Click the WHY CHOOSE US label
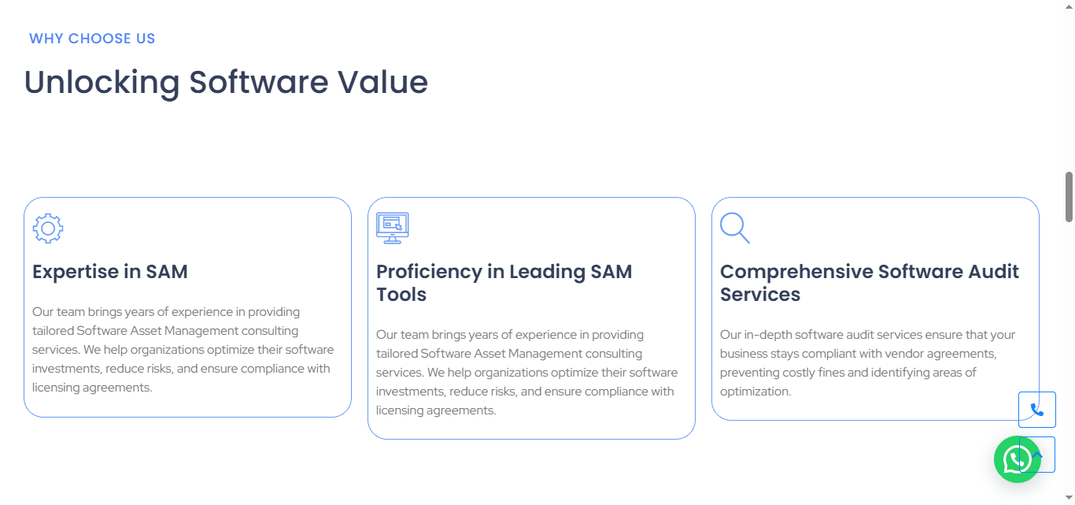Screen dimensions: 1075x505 92,39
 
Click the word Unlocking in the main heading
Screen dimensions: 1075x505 102,83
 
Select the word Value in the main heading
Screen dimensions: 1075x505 382,82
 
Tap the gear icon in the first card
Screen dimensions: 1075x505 48,228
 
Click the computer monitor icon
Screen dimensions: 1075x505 393,228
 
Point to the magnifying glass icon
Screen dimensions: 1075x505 735,228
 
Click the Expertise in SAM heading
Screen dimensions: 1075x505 110,272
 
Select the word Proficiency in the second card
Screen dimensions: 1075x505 429,272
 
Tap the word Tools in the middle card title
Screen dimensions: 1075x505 401,294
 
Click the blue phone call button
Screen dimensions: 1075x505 1037,410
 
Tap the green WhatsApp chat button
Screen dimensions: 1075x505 1017,459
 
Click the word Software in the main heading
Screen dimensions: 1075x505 259,82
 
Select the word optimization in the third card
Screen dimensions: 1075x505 755,392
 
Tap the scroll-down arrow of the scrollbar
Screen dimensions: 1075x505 1069,498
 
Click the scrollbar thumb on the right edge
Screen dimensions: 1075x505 1069,196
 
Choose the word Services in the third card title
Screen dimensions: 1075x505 760,294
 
